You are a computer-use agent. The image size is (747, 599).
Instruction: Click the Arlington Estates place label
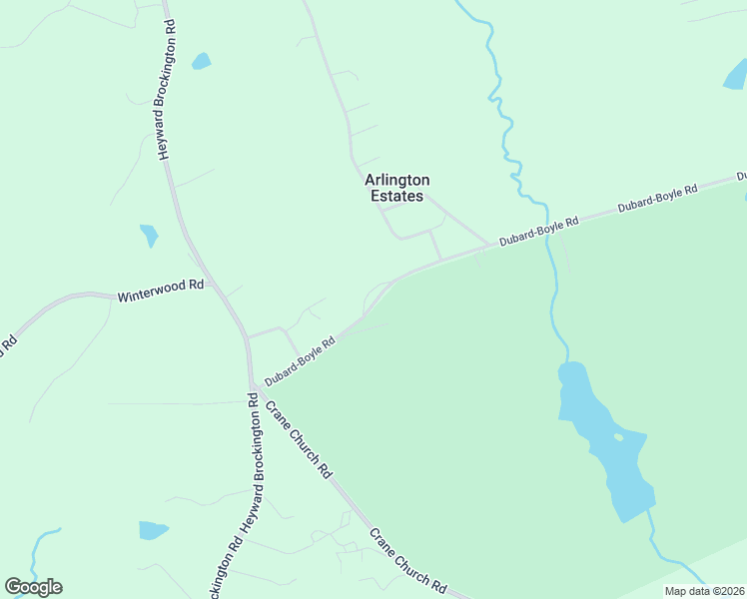pyautogui.click(x=396, y=188)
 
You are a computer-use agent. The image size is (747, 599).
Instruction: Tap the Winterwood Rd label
pyautogui.click(x=160, y=291)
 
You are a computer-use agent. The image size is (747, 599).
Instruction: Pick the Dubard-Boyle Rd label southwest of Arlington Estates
pyautogui.click(x=300, y=354)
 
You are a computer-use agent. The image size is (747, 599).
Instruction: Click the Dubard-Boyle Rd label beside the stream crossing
pyautogui.click(x=540, y=229)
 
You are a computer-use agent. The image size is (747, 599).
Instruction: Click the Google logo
pyautogui.click(x=33, y=587)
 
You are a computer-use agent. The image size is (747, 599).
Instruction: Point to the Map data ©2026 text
pyautogui.click(x=704, y=591)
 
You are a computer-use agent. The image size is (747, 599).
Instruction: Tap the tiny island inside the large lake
pyautogui.click(x=618, y=436)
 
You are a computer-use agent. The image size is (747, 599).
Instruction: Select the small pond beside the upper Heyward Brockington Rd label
pyautogui.click(x=202, y=61)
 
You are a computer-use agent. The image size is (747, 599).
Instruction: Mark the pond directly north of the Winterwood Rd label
pyautogui.click(x=150, y=236)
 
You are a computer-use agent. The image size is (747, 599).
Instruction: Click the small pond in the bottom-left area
pyautogui.click(x=153, y=529)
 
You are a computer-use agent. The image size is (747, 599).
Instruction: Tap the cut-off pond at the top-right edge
pyautogui.click(x=736, y=72)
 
